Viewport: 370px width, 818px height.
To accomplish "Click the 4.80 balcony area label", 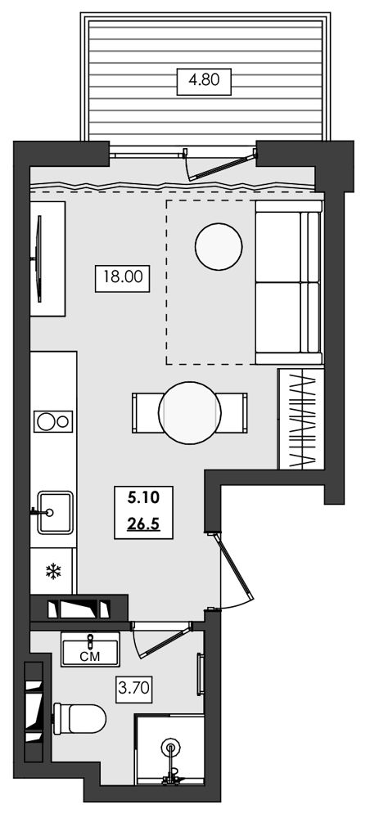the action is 204,81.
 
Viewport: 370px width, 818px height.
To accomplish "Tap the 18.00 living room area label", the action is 123,277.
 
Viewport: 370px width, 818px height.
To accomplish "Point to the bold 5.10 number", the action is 143,498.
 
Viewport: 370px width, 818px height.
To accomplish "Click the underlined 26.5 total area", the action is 143,524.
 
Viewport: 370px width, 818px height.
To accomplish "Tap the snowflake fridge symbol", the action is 53,572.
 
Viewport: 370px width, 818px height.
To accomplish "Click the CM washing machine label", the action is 90,654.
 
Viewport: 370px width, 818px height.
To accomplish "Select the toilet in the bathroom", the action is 79,718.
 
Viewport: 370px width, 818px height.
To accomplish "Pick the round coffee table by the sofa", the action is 218,246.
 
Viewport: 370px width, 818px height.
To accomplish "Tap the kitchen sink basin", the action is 54,512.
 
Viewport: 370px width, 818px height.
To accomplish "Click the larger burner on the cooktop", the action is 45,421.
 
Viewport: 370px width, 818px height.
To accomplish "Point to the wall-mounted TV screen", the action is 38,258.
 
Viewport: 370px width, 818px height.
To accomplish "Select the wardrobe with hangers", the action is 301,419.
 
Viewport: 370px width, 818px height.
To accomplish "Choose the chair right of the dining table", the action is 232,413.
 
